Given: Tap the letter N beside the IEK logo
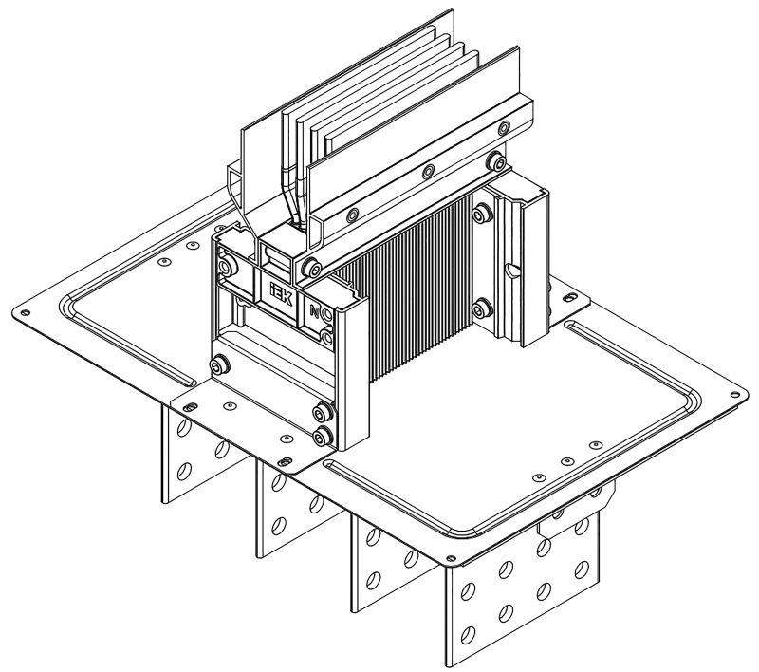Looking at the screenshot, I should click(x=314, y=308).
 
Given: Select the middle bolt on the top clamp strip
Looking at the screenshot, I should click(x=429, y=172).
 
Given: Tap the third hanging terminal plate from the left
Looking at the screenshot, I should click(x=384, y=565).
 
